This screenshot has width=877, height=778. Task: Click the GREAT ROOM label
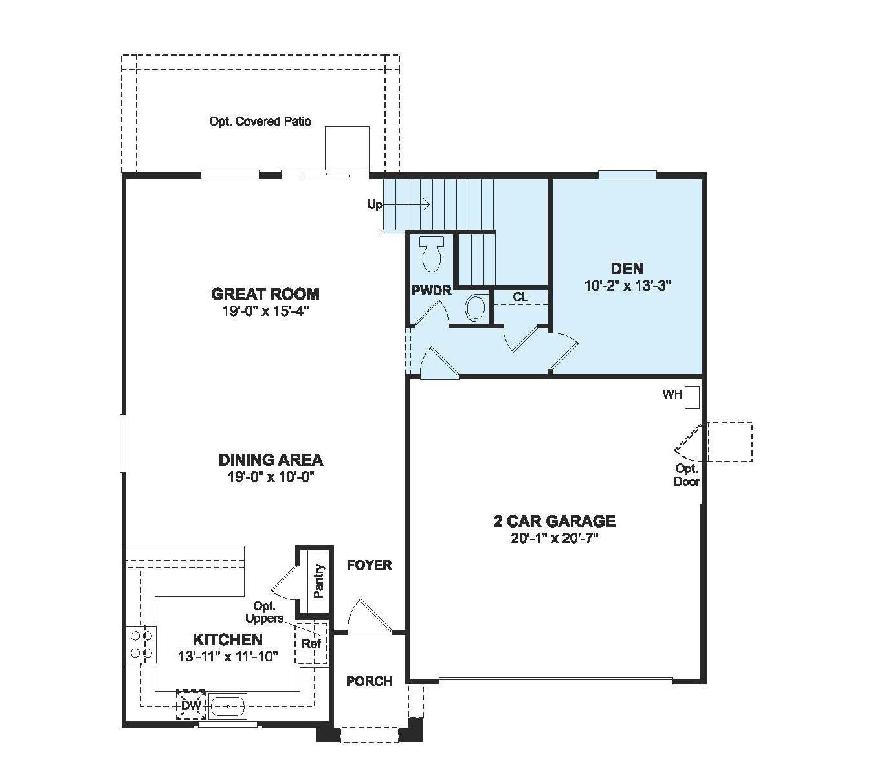265,294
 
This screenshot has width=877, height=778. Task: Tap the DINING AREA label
271,460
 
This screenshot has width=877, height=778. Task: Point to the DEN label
627,269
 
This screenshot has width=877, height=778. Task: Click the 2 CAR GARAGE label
554,521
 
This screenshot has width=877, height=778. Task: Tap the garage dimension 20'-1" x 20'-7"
554,538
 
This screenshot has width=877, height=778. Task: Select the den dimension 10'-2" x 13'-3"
627,285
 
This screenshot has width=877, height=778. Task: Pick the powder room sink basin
476,307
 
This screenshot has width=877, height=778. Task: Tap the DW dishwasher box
191,705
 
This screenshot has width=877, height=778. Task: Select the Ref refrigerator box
311,644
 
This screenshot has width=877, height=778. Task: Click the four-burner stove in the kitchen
141,645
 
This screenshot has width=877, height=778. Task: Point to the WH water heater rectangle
692,397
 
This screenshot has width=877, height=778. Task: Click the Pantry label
318,581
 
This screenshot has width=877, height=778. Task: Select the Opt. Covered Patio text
260,122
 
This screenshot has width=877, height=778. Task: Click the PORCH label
369,682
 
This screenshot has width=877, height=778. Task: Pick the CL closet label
520,297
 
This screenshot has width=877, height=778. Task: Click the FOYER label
369,565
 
